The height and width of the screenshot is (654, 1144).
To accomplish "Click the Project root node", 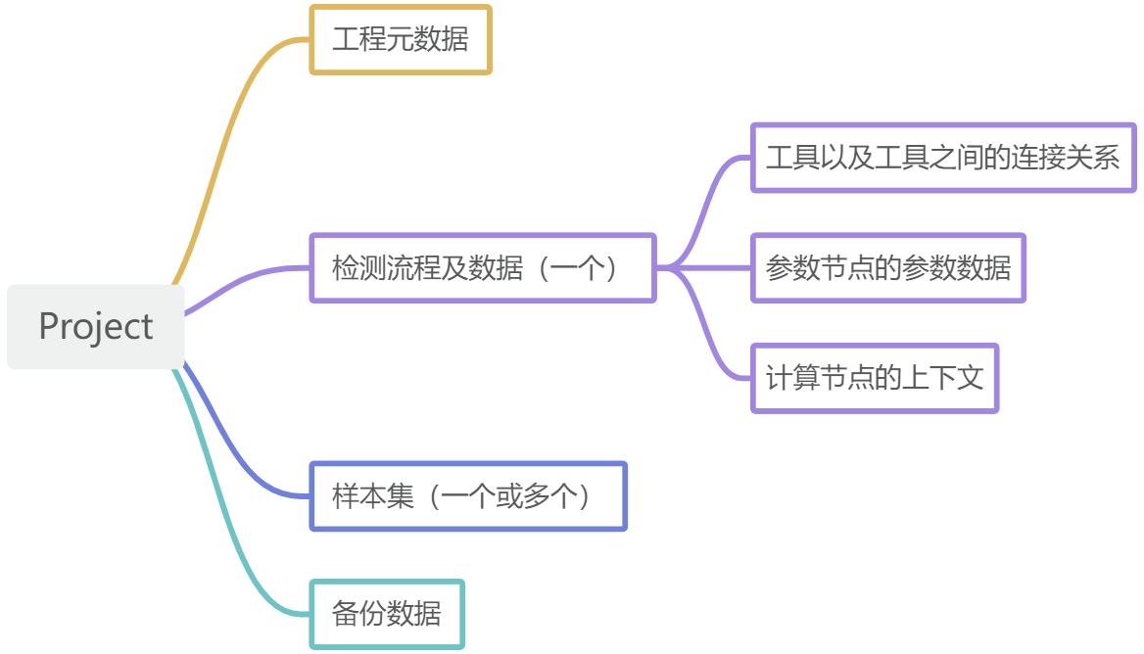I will coord(95,327).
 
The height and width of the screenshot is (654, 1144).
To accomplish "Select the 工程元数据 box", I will coord(400,40).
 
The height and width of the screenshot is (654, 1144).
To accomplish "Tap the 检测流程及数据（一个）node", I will coord(482,267).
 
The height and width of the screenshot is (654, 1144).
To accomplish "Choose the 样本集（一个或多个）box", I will coord(468,496).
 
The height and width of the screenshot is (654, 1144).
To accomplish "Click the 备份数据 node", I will coord(387,614).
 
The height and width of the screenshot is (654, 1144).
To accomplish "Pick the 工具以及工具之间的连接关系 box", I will coord(942,158).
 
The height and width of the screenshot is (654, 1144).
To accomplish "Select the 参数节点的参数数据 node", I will coord(887,267).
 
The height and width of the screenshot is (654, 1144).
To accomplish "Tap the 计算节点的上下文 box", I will coord(874,377).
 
